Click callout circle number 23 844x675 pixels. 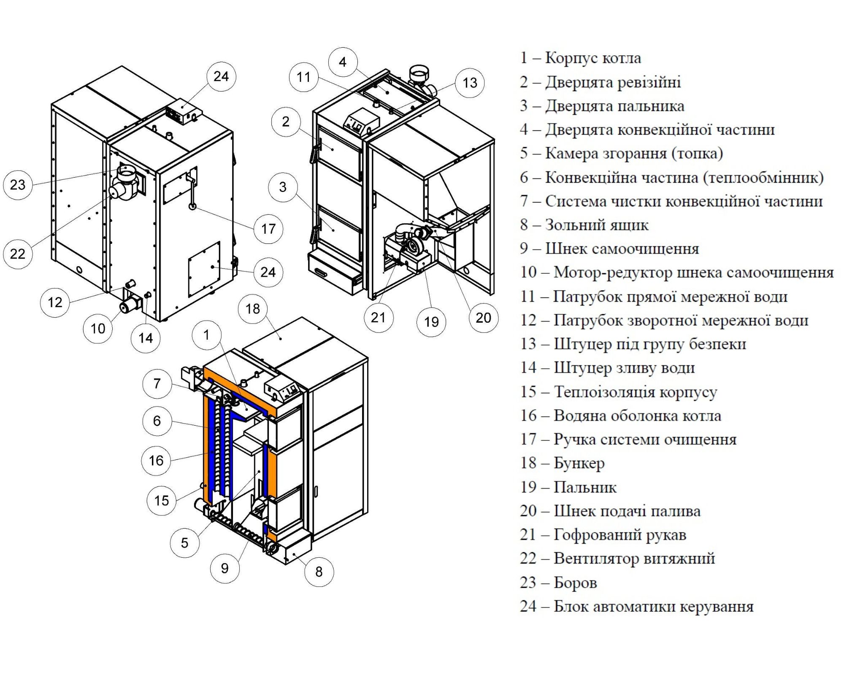point(18,185)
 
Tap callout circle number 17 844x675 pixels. point(268,229)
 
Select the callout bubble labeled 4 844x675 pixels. point(343,62)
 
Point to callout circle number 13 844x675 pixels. point(470,83)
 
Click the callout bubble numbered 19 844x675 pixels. point(431,322)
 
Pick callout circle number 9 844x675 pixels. point(225,568)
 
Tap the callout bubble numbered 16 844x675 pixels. point(156,461)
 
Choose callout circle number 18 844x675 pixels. point(253,309)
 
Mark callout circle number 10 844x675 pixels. point(98,329)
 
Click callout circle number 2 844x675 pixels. point(286,122)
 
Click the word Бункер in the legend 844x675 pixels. point(579,463)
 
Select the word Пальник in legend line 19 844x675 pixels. point(585,487)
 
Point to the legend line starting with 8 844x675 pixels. point(584,225)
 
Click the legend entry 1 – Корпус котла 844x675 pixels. point(580,58)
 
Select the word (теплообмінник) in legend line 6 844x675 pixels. point(763,178)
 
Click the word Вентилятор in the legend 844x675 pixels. point(596,559)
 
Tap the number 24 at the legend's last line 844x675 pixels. point(528,606)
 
